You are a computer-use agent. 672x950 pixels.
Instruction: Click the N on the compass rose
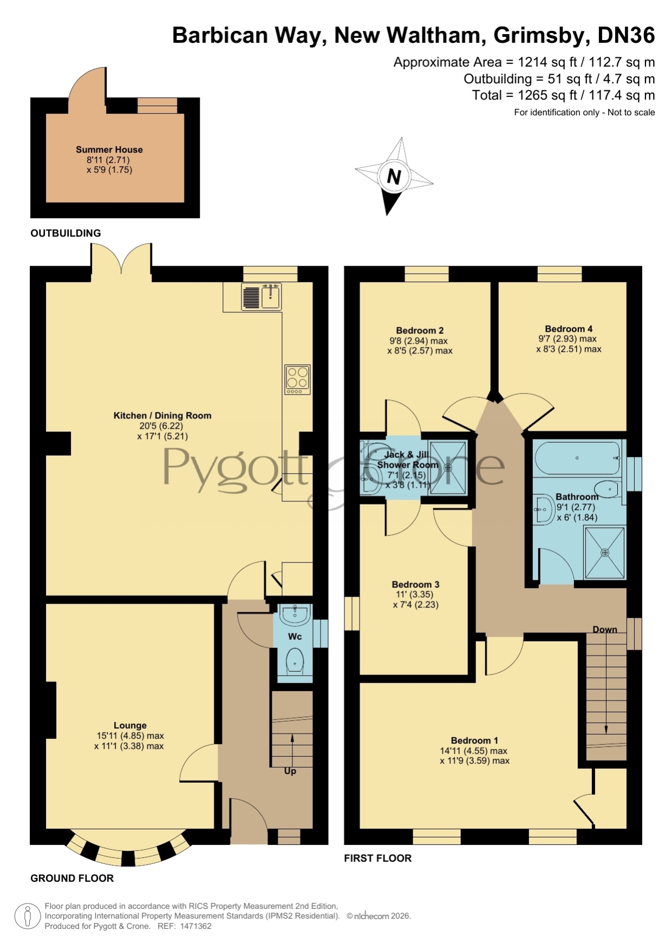point(394,176)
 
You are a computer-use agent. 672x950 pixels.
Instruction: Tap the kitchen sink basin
point(270,297)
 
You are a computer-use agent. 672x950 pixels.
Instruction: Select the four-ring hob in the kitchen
point(297,379)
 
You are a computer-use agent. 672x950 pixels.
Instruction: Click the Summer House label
point(109,149)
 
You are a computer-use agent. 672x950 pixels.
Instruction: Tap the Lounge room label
point(130,725)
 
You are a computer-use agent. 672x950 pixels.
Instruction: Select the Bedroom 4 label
point(569,329)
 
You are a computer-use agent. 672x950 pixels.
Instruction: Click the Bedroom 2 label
point(420,330)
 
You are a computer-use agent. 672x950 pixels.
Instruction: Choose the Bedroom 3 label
point(415,585)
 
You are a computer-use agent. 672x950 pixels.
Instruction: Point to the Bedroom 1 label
point(474,741)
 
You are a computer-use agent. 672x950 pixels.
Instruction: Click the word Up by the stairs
point(290,771)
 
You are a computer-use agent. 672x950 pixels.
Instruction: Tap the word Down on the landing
point(605,630)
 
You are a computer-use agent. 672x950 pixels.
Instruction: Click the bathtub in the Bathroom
point(577,458)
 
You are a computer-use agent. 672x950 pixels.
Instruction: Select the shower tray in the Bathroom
point(604,553)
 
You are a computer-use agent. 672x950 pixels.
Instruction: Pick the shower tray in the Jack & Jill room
point(448,467)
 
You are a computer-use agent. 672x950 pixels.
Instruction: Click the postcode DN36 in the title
point(626,36)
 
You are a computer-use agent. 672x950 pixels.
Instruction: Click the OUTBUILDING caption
point(66,233)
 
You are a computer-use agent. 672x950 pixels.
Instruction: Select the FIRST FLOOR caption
point(378,858)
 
